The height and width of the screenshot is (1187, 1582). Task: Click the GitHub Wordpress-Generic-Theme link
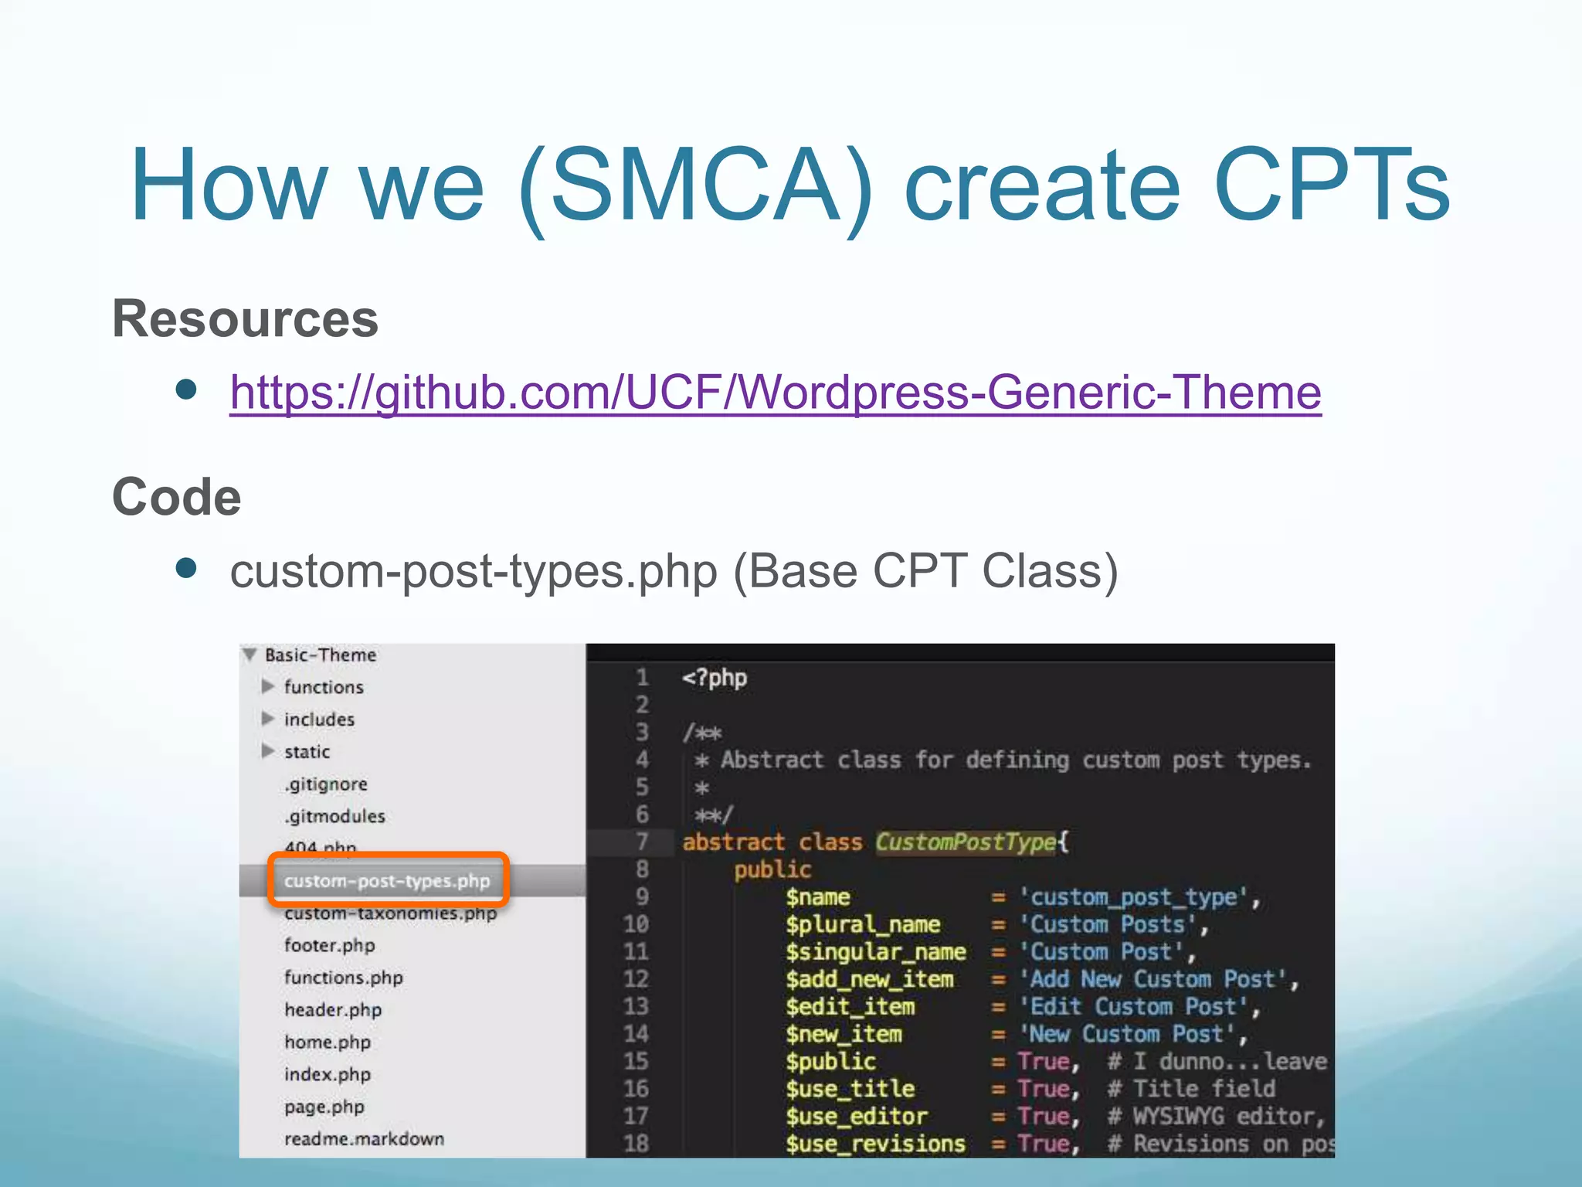pyautogui.click(x=775, y=393)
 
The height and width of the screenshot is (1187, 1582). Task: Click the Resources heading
pyautogui.click(x=246, y=318)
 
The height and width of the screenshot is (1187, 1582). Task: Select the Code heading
pyautogui.click(x=177, y=496)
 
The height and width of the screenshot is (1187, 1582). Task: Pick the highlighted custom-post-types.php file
pyautogui.click(x=386, y=881)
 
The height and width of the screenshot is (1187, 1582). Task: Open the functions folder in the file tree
pyautogui.click(x=323, y=687)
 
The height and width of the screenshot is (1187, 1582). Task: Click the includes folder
pyautogui.click(x=319, y=719)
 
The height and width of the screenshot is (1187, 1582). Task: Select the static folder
pyautogui.click(x=307, y=752)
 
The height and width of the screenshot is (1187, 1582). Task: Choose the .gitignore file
pyautogui.click(x=325, y=784)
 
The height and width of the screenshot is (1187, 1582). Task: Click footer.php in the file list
pyautogui.click(x=329, y=945)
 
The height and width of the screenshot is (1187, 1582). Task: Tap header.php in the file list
pyautogui.click(x=332, y=1010)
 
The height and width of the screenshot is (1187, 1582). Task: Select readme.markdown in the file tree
pyautogui.click(x=364, y=1139)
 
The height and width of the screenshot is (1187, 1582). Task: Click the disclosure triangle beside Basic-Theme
pyautogui.click(x=250, y=655)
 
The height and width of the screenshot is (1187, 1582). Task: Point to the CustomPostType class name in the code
pyautogui.click(x=966, y=842)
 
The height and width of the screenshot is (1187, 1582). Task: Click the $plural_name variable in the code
pyautogui.click(x=863, y=924)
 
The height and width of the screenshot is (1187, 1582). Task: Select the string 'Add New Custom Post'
pyautogui.click(x=1156, y=979)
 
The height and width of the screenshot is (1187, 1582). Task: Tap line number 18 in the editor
pyautogui.click(x=636, y=1144)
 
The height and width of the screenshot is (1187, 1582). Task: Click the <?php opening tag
pyautogui.click(x=715, y=679)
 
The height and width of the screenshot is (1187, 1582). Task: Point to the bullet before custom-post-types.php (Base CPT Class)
pyautogui.click(x=186, y=569)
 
